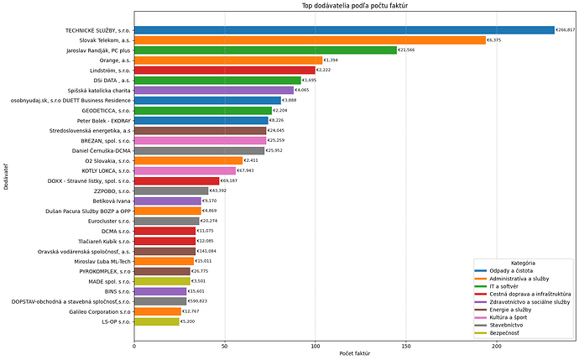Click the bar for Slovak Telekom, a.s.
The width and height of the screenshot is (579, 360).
pos(310,40)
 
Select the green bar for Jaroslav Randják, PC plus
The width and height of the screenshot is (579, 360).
pos(265,50)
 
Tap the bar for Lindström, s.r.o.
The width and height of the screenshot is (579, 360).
pos(224,70)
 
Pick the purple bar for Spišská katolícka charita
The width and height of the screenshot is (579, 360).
pos(214,90)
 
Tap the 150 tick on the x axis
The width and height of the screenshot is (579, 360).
pos(406,344)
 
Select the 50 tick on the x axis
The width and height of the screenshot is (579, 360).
pos(224,344)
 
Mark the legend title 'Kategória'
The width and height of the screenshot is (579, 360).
pos(524,263)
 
